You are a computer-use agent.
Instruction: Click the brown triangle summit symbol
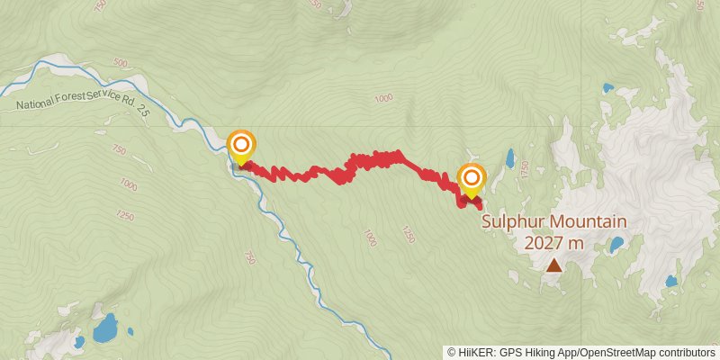(x=554, y=265)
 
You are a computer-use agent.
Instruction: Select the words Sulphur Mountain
(x=553, y=221)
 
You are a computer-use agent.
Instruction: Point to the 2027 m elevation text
(x=553, y=242)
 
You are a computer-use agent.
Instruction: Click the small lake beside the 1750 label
(x=509, y=159)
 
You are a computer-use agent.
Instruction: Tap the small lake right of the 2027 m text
(x=616, y=244)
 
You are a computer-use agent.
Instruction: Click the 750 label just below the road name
(x=119, y=149)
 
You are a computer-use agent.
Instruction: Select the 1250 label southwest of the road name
(x=125, y=217)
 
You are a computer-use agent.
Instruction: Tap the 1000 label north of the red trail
(x=384, y=98)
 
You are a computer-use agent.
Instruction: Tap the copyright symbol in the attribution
(x=453, y=353)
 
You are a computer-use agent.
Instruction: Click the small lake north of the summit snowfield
(x=609, y=89)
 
